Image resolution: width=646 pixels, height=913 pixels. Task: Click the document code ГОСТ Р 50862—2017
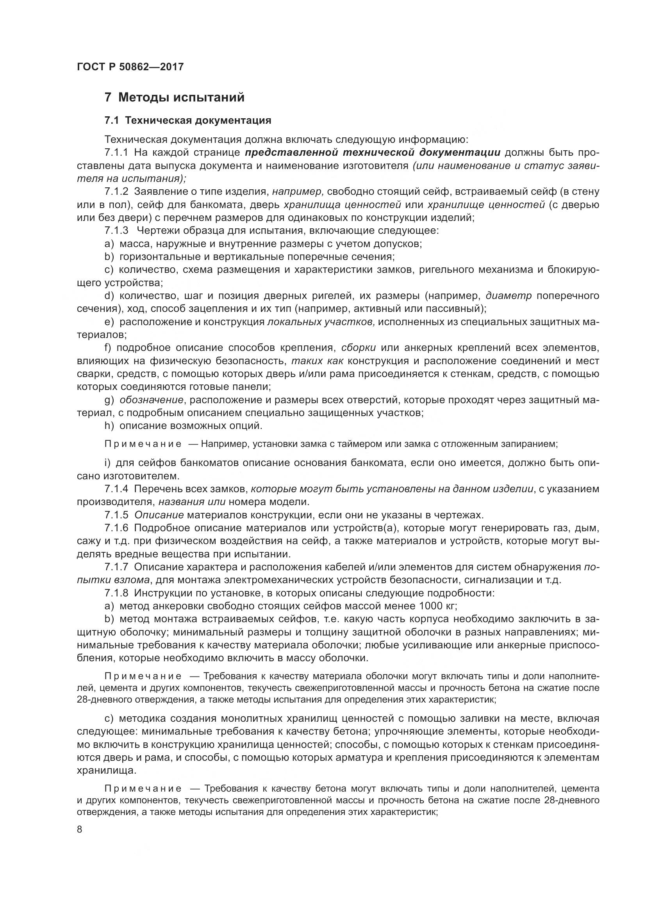coord(130,66)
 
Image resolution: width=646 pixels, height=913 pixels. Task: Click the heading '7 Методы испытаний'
coord(174,97)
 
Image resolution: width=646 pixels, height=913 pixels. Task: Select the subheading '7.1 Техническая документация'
coord(188,120)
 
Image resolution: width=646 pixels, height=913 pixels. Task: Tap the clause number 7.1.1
coord(116,153)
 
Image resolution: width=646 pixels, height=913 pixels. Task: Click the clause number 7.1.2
coord(116,192)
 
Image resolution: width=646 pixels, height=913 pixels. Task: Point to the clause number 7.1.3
coord(116,230)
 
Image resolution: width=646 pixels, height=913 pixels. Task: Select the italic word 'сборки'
coord(359,348)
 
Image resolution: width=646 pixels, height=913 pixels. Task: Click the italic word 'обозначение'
coord(151,400)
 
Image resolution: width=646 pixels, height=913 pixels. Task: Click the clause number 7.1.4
coord(116,489)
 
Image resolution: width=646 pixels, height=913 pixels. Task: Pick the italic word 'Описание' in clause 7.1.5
coord(159,515)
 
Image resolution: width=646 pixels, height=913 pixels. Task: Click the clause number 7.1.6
coord(116,528)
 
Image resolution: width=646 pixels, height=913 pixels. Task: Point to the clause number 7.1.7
coord(116,567)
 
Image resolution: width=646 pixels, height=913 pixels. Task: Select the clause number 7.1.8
coord(116,593)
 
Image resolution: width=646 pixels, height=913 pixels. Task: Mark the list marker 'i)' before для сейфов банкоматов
coord(107,463)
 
